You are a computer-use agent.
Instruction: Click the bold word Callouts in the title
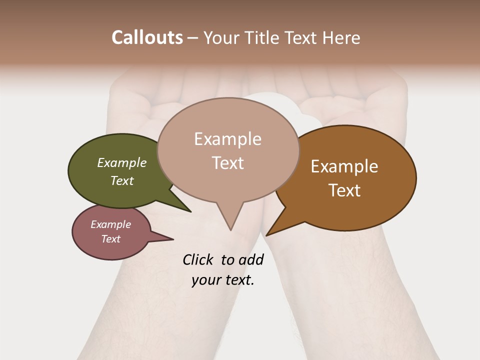pos(147,37)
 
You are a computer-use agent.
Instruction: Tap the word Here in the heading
pos(341,37)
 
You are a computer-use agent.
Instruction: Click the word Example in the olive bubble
pos(121,163)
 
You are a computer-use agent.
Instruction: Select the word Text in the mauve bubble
pos(111,239)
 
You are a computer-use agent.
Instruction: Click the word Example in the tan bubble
pos(228,139)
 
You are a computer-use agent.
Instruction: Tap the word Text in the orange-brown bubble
pos(344,190)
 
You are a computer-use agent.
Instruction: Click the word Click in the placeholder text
pos(197,259)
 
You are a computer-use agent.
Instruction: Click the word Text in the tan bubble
pos(228,163)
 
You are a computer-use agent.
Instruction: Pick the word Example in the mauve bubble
pos(111,224)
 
